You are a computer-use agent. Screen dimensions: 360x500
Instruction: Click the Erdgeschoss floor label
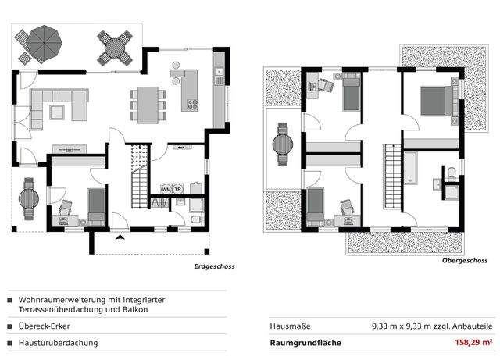click(214, 266)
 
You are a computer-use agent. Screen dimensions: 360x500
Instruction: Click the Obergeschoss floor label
click(464, 261)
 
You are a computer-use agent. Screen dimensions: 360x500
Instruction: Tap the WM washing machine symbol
click(166, 189)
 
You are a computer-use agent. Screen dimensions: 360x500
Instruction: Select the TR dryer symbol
click(177, 189)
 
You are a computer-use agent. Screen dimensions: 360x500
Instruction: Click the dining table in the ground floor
click(147, 99)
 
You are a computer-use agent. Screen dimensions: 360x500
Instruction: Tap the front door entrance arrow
click(120, 236)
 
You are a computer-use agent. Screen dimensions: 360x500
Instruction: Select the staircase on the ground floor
click(139, 176)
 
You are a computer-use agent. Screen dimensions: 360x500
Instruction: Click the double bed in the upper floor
click(434, 102)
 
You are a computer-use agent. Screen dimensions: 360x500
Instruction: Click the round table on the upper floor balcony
click(281, 144)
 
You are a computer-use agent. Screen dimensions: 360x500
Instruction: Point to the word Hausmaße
click(286, 326)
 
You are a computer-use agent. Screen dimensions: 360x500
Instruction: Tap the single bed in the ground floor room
click(96, 205)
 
